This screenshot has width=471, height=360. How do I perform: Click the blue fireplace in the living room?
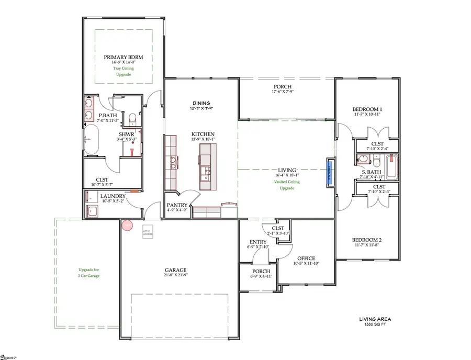tap(330, 171)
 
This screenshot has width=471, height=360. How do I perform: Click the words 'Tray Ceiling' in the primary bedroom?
tap(124, 68)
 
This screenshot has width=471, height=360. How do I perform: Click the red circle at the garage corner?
tap(127, 226)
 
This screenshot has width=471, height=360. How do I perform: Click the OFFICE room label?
tap(306, 258)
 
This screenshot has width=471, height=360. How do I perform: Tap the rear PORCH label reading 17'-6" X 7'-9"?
tap(282, 87)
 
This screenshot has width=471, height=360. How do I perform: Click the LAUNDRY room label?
tap(114, 196)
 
